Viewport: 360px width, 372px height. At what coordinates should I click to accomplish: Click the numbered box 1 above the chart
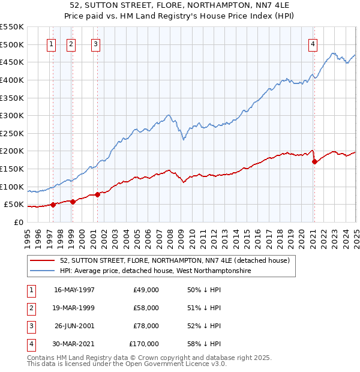[51, 43]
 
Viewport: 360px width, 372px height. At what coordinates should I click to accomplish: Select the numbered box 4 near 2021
[313, 43]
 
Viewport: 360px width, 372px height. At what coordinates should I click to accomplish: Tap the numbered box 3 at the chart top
[95, 43]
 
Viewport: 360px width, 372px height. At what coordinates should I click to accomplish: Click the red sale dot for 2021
[314, 161]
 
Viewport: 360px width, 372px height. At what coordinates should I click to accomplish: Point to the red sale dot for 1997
[53, 205]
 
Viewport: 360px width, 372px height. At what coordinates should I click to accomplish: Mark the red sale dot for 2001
[98, 194]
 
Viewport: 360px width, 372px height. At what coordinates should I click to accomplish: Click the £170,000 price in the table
[144, 344]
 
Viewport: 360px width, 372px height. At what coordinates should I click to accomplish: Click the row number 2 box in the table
[30, 308]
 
